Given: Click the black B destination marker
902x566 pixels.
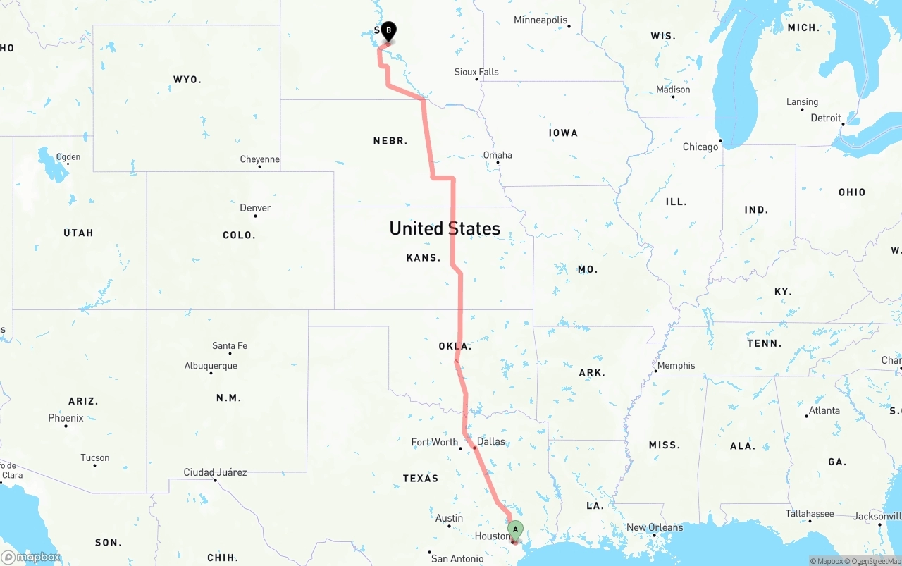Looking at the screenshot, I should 388,30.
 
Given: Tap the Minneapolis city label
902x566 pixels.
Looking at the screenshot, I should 540,20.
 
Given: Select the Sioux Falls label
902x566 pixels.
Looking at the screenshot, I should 476,72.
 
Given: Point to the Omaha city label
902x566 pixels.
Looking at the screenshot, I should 498,155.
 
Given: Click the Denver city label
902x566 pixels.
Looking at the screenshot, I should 255,208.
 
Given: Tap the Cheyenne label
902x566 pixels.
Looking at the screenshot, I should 260,159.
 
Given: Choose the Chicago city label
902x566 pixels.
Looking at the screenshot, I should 700,147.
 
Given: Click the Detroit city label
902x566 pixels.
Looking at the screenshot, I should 826,118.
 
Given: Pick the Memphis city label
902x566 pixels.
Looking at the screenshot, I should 676,365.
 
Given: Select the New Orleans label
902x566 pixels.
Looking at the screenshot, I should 655,527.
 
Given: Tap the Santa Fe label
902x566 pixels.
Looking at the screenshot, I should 230,346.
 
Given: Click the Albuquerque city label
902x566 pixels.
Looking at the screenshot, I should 211,366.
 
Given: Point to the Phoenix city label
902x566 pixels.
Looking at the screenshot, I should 66,418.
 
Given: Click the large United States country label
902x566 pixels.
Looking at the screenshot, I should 445,228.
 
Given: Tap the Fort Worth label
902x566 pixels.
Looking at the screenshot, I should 435,442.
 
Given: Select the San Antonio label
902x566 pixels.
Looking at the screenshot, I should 457,559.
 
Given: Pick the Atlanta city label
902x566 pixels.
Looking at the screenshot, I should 824,410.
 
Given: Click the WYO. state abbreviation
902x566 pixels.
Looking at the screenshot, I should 187,80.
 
